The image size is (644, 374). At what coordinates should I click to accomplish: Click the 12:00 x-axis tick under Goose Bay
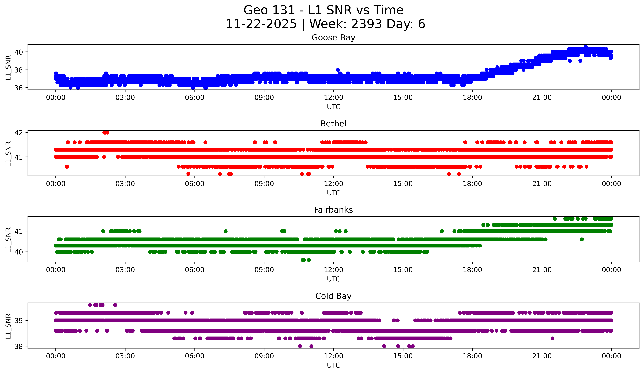(334, 98)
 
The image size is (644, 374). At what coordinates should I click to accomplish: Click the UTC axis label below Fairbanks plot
(334, 279)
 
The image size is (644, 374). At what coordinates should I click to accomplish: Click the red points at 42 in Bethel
(106, 132)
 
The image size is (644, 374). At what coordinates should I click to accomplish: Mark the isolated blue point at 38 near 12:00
(338, 70)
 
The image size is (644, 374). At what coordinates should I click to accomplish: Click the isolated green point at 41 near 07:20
(225, 231)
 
